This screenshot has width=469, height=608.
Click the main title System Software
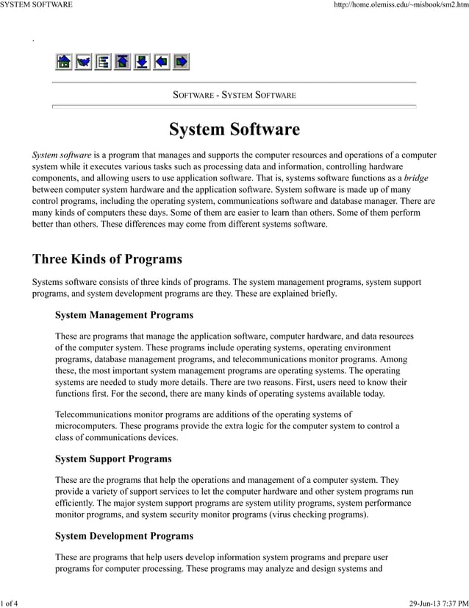[x=234, y=130]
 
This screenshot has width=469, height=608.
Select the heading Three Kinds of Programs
[x=107, y=259]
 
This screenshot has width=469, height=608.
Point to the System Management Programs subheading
[x=124, y=315]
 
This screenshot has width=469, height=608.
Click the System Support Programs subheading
[x=113, y=459]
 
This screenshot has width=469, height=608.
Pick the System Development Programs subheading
[x=124, y=536]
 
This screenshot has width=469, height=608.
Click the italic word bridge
[x=416, y=178]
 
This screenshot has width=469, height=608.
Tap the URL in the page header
[x=401, y=5]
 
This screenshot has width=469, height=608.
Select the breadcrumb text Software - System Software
[x=234, y=95]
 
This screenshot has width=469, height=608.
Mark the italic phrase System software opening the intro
[x=62, y=155]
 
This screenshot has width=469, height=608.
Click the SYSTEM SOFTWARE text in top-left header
[x=36, y=5]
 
